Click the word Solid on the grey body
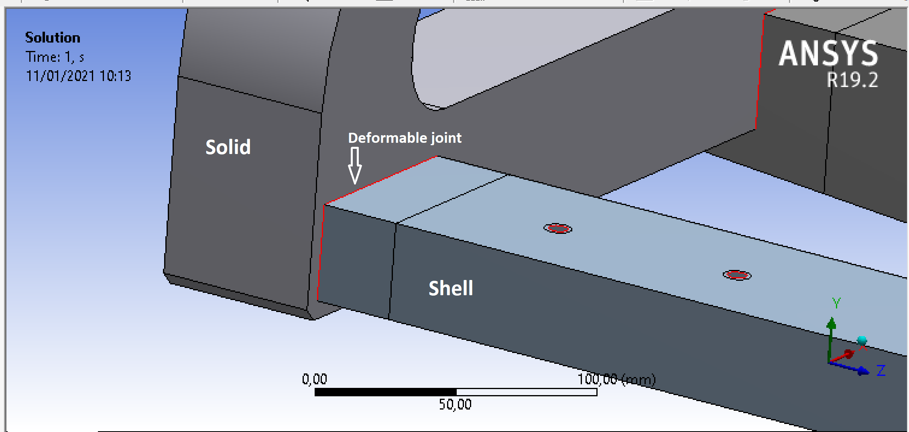click(x=228, y=147)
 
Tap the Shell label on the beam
click(x=451, y=288)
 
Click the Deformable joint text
click(x=405, y=138)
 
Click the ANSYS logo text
click(x=828, y=54)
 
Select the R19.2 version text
click(x=852, y=80)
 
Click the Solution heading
click(x=53, y=38)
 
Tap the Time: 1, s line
click(x=55, y=57)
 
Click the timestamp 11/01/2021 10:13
click(x=79, y=76)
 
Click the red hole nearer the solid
click(x=558, y=229)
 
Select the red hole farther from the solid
click(x=737, y=275)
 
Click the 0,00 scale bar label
click(x=314, y=379)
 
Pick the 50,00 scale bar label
click(x=455, y=404)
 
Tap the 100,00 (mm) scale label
click(x=616, y=379)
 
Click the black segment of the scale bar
click(x=385, y=392)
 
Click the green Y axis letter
click(x=836, y=303)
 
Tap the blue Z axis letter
click(x=881, y=370)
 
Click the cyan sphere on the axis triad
click(x=862, y=341)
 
